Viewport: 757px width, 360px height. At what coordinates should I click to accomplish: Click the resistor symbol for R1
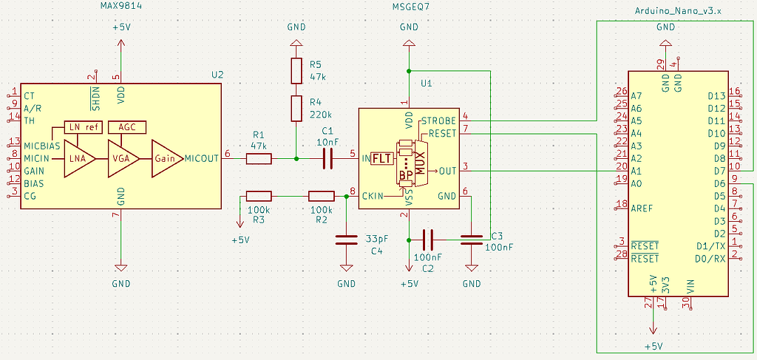(x=259, y=158)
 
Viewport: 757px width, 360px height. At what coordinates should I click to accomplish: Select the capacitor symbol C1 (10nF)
(x=328, y=158)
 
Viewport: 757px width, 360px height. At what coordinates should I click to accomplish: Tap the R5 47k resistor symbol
(x=296, y=71)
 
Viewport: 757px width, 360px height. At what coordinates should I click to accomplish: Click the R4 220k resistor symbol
(x=296, y=108)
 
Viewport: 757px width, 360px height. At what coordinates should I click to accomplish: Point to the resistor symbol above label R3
(x=259, y=196)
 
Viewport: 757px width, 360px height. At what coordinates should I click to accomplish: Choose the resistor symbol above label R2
(x=321, y=196)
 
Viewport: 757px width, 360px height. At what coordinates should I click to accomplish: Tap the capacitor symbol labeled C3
(x=471, y=239)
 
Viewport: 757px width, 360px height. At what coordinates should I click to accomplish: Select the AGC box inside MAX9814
(x=126, y=127)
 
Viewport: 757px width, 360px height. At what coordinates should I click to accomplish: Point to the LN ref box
(x=84, y=127)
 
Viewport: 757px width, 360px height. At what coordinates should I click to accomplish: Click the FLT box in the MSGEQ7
(x=381, y=158)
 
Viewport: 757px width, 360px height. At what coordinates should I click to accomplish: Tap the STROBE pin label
(x=438, y=120)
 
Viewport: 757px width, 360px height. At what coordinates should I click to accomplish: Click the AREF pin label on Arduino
(x=642, y=208)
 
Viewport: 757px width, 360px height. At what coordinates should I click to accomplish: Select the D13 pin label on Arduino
(x=716, y=95)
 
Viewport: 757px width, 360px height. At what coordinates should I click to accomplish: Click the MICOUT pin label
(x=201, y=158)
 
